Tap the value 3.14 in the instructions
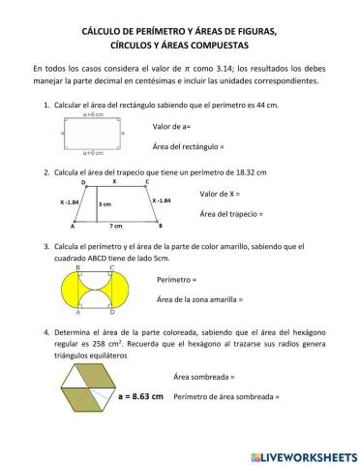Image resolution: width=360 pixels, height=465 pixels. (240, 70)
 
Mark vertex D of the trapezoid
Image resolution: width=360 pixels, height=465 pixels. (83, 182)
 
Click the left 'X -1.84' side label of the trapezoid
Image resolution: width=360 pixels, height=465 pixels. (70, 201)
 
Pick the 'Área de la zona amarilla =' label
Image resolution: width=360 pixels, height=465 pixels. (199, 299)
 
